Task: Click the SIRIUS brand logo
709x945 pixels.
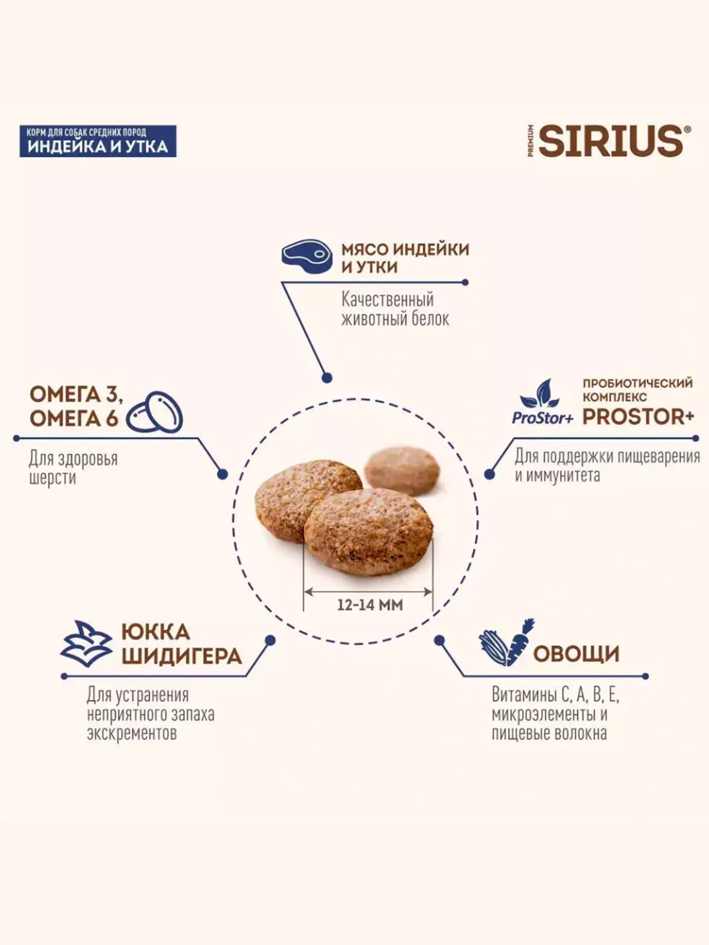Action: coord(611,141)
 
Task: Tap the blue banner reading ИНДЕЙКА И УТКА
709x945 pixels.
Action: coord(98,146)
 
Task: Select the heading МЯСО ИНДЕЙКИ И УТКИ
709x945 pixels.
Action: coord(405,258)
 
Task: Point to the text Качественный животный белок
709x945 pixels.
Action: coord(395,309)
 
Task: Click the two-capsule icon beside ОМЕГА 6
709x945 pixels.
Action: coord(155,412)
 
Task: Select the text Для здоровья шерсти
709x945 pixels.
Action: coord(73,468)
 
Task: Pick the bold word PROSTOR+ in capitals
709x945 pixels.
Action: coord(638,417)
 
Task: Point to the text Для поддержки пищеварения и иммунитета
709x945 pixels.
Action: coord(607,465)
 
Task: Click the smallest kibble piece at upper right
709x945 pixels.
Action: coord(402,470)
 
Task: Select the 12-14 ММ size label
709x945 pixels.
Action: coord(370,605)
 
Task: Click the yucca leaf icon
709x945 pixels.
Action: coord(87,643)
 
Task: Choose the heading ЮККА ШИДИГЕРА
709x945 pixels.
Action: coord(181,644)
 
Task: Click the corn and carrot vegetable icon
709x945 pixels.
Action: coord(506,643)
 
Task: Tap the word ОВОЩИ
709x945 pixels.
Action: coord(576,654)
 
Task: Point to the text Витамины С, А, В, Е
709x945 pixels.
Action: coord(555,695)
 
